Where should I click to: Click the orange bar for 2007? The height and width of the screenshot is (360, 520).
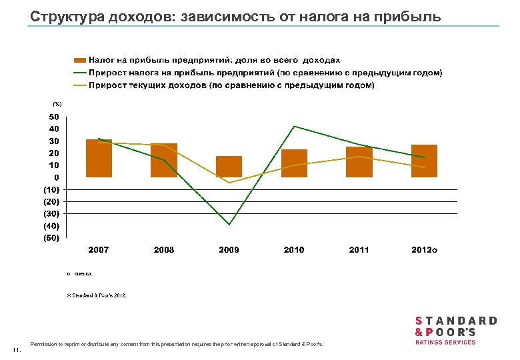(99, 159)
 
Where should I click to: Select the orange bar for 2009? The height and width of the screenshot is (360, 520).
(229, 167)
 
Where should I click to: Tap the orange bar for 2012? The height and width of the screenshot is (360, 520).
(424, 161)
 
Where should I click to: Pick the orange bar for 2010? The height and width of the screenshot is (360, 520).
(294, 163)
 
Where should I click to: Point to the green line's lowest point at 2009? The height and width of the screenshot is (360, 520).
(229, 225)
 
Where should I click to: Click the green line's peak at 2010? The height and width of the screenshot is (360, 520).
(294, 126)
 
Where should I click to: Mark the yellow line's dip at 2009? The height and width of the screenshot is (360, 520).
(229, 183)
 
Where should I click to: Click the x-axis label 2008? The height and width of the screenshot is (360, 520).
(164, 250)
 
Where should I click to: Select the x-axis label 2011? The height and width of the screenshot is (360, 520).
(359, 250)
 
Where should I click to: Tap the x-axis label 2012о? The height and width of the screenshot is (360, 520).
(425, 250)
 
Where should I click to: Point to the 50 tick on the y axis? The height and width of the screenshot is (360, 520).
(54, 117)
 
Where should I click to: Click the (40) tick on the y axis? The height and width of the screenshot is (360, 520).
(51, 225)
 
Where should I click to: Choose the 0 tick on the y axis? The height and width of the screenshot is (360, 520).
(57, 177)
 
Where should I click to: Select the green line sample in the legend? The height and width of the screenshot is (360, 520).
(79, 73)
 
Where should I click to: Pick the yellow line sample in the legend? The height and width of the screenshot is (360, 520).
(79, 85)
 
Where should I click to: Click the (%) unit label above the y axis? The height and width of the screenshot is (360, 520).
(57, 104)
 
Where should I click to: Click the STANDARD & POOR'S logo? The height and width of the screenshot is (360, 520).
(456, 329)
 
